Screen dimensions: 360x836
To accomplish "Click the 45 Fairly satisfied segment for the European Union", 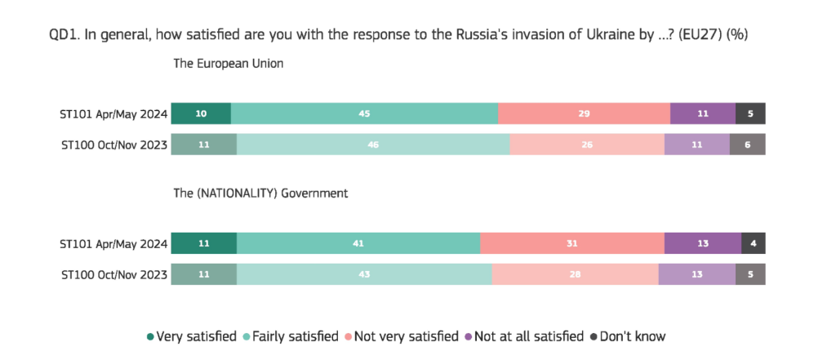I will (364, 113).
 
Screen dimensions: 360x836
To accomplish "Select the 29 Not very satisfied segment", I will (584, 113).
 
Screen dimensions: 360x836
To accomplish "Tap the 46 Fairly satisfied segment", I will (373, 144).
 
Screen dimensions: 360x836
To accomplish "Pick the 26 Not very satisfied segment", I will (587, 144).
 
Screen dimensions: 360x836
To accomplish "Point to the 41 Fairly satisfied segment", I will (358, 243).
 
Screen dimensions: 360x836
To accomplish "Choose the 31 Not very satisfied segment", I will (572, 243).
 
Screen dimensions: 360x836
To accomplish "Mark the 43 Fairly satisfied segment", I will (364, 274).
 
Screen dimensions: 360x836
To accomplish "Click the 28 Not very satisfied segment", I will (576, 274).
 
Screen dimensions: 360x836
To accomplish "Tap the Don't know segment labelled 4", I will (754, 243).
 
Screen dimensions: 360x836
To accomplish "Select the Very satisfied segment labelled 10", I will (201, 113).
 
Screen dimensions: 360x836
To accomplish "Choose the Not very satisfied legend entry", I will (402, 336).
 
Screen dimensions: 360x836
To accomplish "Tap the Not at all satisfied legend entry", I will (524, 336).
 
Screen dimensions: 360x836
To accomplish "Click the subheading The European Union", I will (229, 64).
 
